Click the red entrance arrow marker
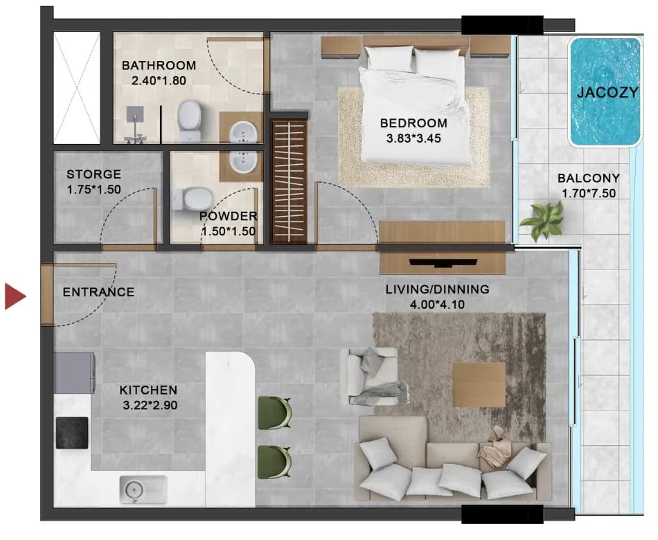(15, 296)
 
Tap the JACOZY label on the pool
(607, 92)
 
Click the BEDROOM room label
(414, 123)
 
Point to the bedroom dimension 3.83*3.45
(414, 138)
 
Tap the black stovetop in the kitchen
(72, 433)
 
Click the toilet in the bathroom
(189, 120)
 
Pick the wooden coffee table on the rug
(479, 385)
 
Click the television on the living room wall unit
(443, 263)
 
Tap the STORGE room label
(94, 174)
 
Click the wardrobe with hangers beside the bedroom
(289, 181)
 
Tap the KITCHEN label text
(148, 390)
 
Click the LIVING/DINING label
(437, 289)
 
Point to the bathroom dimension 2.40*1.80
(159, 80)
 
